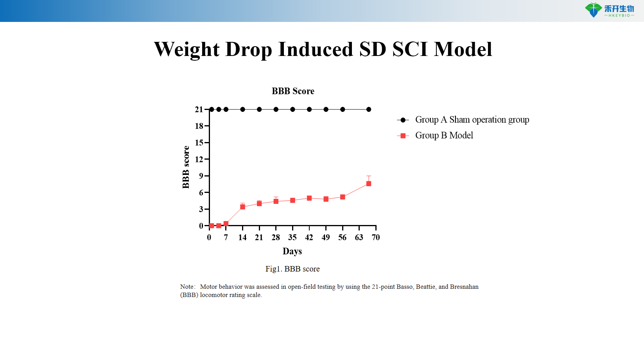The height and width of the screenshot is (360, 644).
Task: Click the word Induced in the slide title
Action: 315,50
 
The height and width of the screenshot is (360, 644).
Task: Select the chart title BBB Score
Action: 293,91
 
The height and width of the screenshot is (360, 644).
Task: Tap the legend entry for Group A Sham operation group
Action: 472,120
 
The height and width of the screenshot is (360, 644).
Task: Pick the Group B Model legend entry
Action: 444,135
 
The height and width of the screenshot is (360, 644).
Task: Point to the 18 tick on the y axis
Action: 199,126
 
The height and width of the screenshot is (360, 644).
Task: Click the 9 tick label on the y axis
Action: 201,176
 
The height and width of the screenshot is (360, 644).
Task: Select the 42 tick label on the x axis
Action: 309,238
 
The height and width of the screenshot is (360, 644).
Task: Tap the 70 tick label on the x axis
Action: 375,238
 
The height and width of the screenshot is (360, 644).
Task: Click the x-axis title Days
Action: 292,251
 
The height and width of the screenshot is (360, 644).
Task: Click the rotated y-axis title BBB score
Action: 186,167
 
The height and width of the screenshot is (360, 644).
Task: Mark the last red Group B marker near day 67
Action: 368,184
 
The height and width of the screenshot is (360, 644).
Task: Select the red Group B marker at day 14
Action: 242,207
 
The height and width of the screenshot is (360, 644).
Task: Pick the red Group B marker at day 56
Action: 343,197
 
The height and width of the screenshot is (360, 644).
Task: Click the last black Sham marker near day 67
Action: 368,110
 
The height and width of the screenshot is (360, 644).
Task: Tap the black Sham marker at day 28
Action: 276,110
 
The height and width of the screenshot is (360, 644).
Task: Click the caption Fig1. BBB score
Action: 292,269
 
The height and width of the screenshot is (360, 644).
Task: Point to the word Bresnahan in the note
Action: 464,287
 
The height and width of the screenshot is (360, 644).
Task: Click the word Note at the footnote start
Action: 187,287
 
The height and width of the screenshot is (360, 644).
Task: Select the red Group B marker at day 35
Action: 292,200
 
